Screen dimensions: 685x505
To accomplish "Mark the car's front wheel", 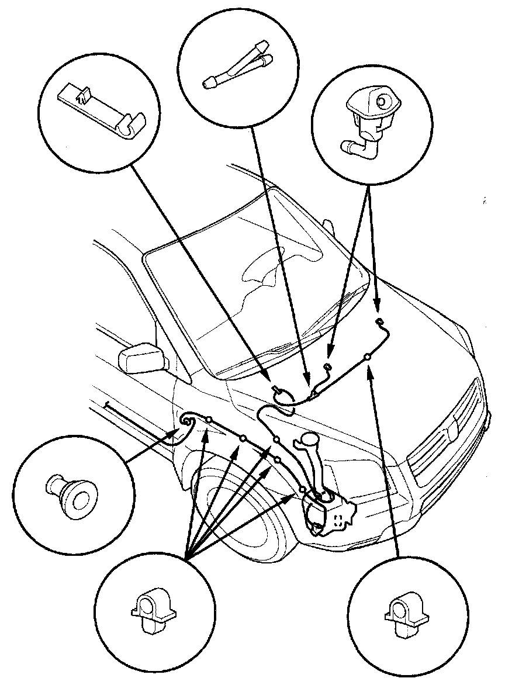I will click(x=245, y=514).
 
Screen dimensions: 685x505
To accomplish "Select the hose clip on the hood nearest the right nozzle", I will click(x=368, y=356).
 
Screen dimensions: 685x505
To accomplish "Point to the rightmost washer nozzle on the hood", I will click(x=380, y=321).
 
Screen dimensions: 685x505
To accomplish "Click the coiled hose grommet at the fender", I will click(x=188, y=420).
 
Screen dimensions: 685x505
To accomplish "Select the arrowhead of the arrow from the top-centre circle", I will click(x=306, y=382).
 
